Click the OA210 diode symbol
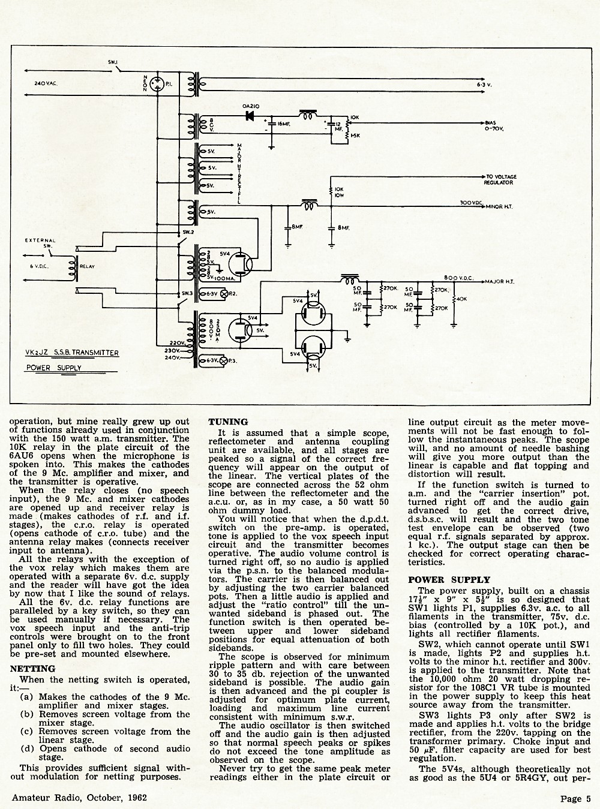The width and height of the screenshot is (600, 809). tap(250, 116)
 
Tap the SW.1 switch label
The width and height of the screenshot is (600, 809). tap(112, 62)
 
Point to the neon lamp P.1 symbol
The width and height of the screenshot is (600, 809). tap(158, 83)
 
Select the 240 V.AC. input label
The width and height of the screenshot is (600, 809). tap(46, 83)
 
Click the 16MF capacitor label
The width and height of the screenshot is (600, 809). tap(284, 124)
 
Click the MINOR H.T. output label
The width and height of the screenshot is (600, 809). tap(499, 207)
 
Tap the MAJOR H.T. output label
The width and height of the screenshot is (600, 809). tap(499, 282)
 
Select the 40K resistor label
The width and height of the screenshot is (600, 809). tap(461, 299)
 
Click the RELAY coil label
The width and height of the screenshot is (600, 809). tap(87, 267)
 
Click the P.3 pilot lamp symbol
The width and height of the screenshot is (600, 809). tap(223, 361)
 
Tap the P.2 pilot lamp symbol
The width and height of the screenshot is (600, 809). tap(223, 294)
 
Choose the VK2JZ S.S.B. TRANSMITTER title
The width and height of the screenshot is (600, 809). tap(70, 353)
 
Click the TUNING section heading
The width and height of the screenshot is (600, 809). tap(228, 422)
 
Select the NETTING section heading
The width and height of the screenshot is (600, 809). tap(33, 669)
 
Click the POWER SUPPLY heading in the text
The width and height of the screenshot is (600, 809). tap(449, 580)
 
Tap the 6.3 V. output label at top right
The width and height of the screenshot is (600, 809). tap(484, 85)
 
